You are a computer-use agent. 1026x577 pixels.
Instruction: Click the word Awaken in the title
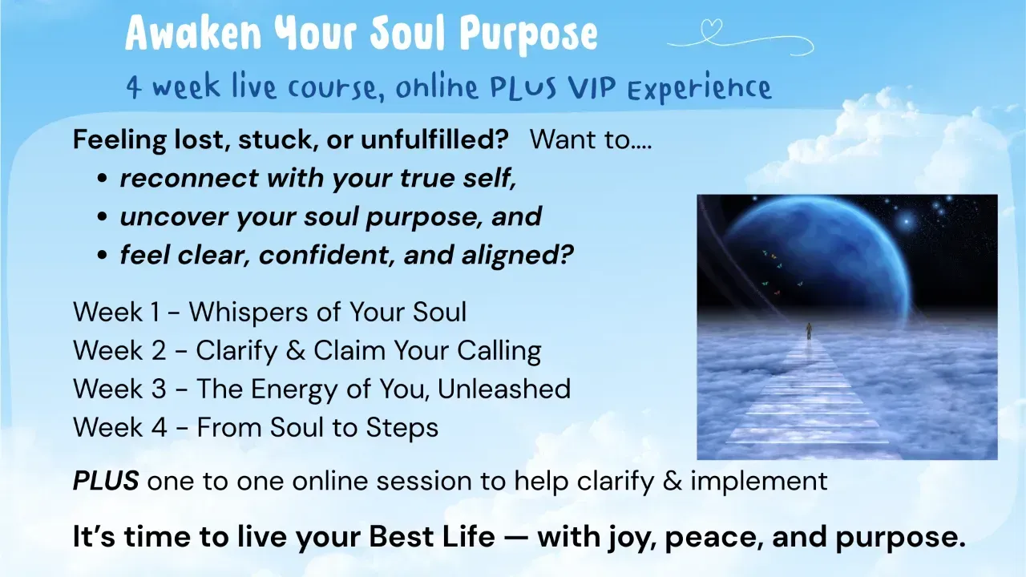pyautogui.click(x=193, y=33)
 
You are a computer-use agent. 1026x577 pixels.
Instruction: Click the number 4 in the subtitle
pyautogui.click(x=133, y=87)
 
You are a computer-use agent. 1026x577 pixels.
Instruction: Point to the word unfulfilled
pyautogui.click(x=434, y=139)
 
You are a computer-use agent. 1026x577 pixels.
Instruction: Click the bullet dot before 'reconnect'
pyautogui.click(x=102, y=179)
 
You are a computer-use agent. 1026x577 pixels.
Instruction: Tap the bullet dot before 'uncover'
pyautogui.click(x=102, y=217)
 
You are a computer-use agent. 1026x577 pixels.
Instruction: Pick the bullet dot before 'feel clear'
pyautogui.click(x=102, y=256)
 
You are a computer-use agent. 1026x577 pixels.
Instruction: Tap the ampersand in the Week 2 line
pyautogui.click(x=296, y=351)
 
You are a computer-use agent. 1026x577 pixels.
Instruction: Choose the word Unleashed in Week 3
pyautogui.click(x=504, y=389)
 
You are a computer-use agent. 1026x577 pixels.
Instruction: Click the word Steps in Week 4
pyautogui.click(x=402, y=429)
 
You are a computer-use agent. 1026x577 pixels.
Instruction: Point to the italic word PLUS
pyautogui.click(x=106, y=481)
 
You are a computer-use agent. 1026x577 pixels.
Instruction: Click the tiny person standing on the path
pyautogui.click(x=809, y=331)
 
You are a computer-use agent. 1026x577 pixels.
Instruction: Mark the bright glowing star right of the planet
pyautogui.click(x=906, y=223)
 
